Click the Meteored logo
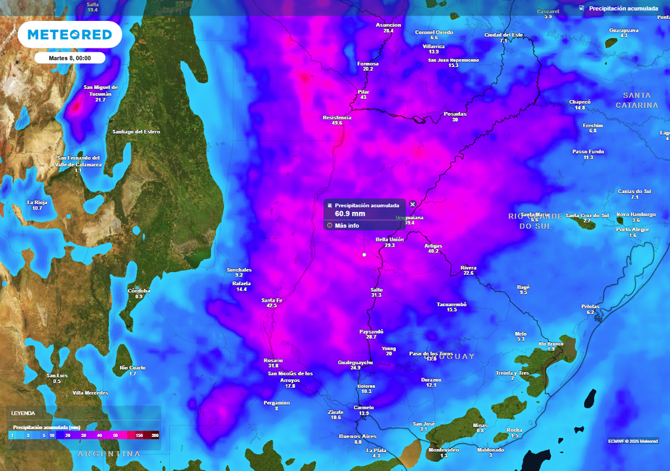pos(69,35)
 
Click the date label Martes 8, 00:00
pos(69,58)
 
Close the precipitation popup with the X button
pos(412,204)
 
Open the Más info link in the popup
pos(346,226)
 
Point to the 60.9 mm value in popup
pos(350,213)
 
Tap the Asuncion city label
pos(388,26)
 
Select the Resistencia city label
pos(337,118)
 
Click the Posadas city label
pos(455,114)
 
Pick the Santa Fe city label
pos(272,300)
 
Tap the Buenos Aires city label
pos(358,436)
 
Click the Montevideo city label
pos(443,450)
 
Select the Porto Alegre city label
pos(632,230)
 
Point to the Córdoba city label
pos(139,290)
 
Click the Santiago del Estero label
pos(136,132)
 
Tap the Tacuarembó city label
pos(451,304)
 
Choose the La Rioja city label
pos(37,202)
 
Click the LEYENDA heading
pos(23,413)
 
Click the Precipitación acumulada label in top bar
pos(623,9)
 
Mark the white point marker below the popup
pos(364,254)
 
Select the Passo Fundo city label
pos(588,151)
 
